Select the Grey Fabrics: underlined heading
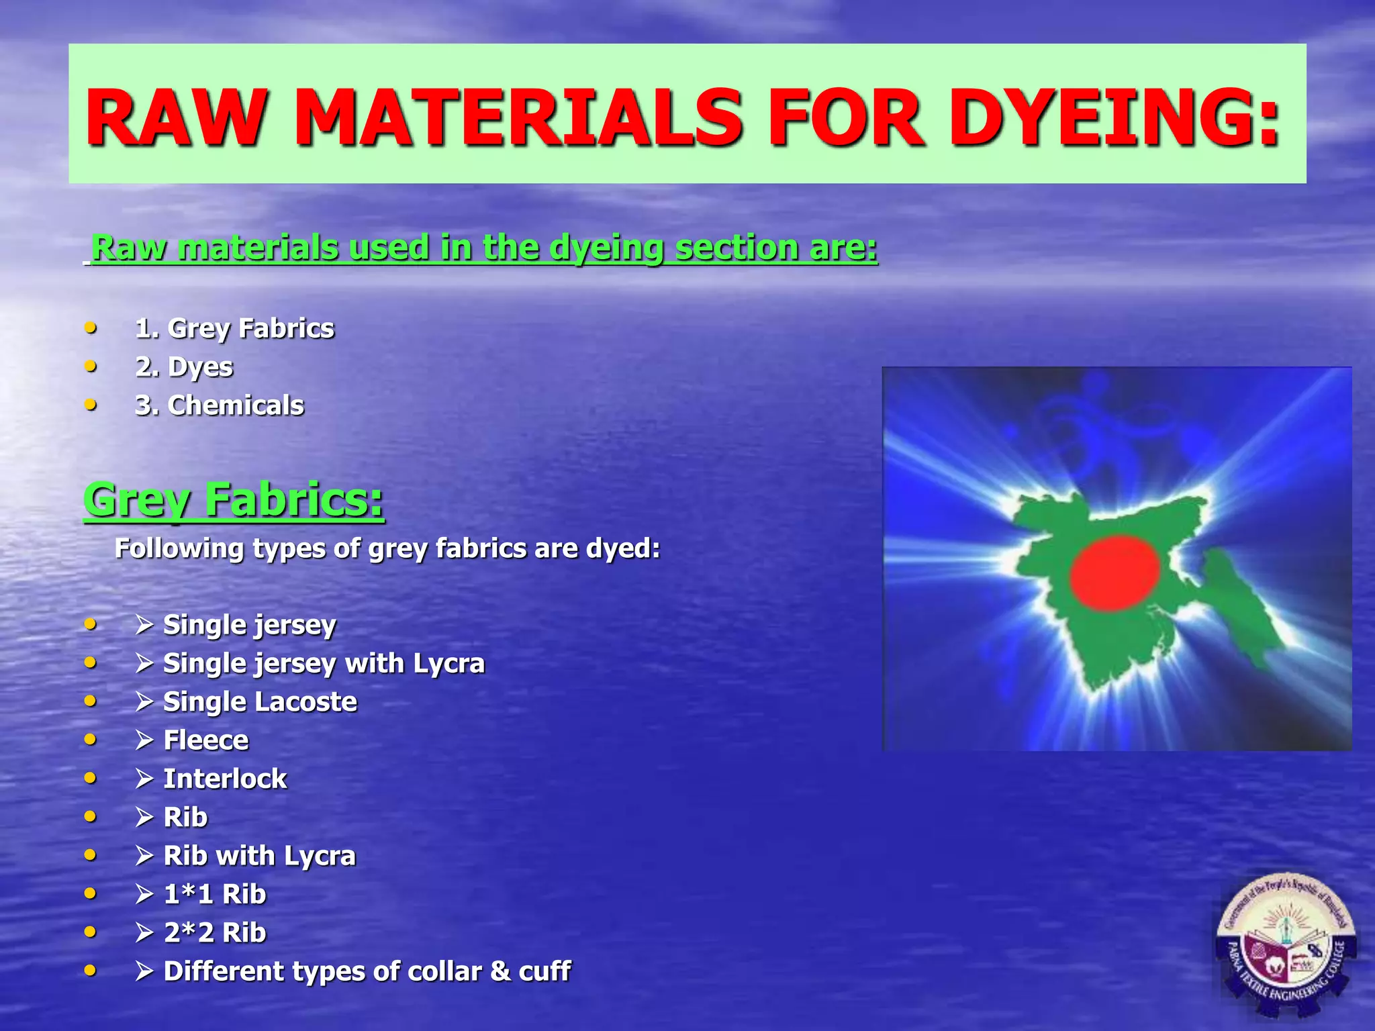pos(234,500)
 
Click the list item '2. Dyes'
pos(184,367)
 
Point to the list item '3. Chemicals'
pos(220,405)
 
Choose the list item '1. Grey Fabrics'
pos(234,328)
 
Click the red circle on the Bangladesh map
pos(1115,572)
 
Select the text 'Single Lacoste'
pos(260,702)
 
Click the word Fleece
pos(206,740)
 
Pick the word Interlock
pos(225,779)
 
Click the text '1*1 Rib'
pos(215,894)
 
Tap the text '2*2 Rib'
pos(215,932)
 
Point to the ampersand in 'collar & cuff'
pos(500,971)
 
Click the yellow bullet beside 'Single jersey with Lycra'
pos(91,663)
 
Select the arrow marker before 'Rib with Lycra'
pos(144,856)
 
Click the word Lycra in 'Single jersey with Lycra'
pos(448,664)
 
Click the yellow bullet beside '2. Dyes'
pos(91,366)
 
